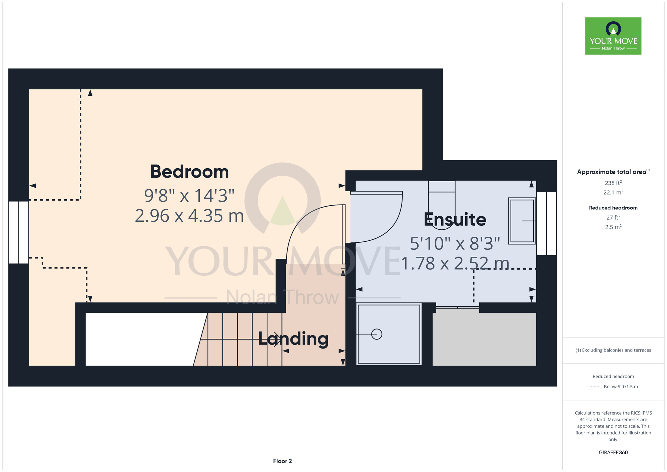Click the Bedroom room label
[189, 172]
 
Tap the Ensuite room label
[455, 219]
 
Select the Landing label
[293, 339]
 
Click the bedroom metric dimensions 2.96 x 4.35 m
[189, 216]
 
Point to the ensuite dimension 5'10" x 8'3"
[455, 243]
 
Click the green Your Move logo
[613, 36]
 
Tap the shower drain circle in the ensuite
[377, 334]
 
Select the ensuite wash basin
[522, 221]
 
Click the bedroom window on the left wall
[19, 232]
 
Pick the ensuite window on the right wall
[546, 223]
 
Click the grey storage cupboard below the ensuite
[484, 339]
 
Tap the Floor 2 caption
[282, 461]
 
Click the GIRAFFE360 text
[613, 453]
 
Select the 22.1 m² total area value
[613, 192]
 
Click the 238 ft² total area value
[613, 183]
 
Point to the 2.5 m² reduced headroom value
[613, 227]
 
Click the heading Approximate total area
[613, 172]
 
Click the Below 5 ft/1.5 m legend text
[621, 387]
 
